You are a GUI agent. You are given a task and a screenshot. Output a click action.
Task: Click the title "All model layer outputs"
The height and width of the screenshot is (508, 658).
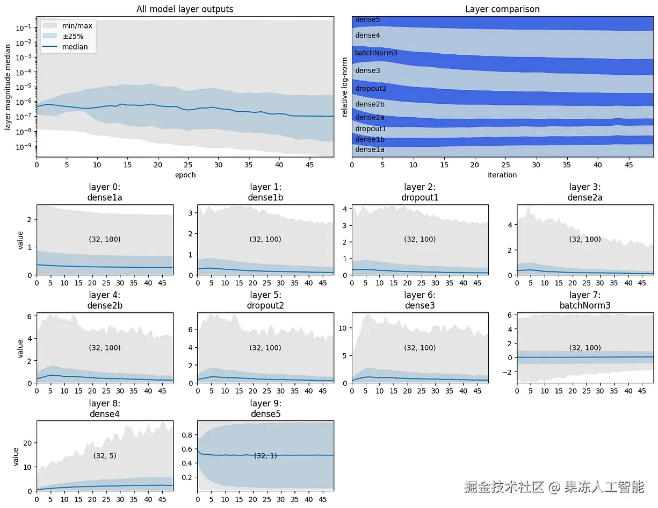(185, 9)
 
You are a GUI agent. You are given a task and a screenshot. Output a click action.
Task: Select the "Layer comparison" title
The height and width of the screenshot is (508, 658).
(502, 9)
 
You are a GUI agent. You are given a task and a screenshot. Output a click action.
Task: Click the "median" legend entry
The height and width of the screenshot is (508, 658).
(75, 47)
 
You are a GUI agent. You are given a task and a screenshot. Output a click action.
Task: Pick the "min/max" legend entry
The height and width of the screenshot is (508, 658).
(77, 25)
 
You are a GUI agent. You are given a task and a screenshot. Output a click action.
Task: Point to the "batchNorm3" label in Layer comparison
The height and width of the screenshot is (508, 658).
(376, 53)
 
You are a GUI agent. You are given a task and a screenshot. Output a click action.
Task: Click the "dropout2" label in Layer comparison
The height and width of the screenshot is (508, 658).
(371, 89)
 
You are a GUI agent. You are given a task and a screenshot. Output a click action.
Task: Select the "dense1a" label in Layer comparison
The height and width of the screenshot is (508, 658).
(370, 149)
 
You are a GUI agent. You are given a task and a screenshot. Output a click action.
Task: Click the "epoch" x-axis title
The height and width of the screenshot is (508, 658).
(185, 175)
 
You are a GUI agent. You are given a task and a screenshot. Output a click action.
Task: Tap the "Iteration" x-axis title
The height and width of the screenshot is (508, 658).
(502, 175)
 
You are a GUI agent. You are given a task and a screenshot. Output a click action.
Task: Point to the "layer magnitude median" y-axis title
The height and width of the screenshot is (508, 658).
(8, 87)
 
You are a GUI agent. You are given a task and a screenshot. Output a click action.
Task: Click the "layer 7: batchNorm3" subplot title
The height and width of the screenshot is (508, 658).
(585, 300)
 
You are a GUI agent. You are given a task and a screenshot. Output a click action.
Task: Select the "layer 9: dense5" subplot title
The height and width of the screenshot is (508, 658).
(266, 409)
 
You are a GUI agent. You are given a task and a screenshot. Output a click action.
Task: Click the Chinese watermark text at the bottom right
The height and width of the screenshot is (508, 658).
(553, 487)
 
